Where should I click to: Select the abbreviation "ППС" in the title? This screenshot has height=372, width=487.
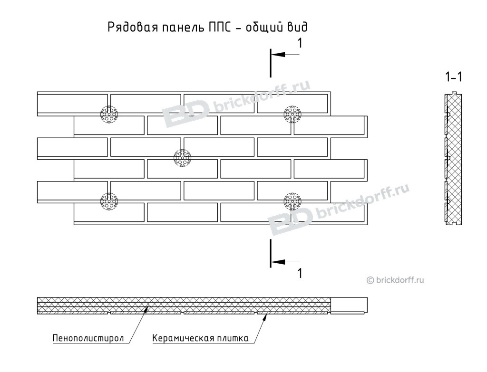[219, 27]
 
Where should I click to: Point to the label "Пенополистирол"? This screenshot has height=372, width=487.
[88, 338]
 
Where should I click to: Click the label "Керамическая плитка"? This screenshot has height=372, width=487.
[200, 338]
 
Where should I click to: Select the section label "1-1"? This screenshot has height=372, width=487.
[453, 76]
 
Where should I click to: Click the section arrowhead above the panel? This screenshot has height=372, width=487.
[278, 54]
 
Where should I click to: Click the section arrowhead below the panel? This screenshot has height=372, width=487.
[278, 262]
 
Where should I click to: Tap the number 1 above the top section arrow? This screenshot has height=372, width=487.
[300, 43]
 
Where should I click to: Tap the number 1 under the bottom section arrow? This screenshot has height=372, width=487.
[300, 273]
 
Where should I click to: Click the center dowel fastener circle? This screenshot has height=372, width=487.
[182, 158]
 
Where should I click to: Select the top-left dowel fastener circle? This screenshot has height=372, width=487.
[109, 114]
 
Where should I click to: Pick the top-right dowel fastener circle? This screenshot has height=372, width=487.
[292, 114]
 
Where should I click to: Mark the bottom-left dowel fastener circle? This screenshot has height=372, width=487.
[109, 201]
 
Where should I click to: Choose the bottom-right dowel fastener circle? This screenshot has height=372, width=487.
[292, 201]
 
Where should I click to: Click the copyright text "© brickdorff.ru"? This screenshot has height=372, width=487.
[395, 280]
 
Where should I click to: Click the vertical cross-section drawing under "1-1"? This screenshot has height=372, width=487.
[453, 158]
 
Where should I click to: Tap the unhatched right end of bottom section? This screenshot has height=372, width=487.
[349, 305]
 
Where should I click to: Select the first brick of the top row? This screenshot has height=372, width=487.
[72, 104]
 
